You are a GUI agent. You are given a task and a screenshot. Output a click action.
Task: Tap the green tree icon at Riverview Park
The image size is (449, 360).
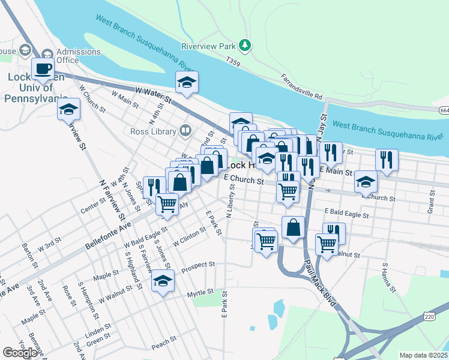tap(244, 45)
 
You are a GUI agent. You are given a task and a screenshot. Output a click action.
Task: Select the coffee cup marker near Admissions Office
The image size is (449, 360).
tap(43, 68)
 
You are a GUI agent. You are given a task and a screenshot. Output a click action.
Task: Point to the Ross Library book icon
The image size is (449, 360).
tap(185, 131)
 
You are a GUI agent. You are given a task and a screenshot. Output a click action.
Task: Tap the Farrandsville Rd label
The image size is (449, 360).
tap(303, 87)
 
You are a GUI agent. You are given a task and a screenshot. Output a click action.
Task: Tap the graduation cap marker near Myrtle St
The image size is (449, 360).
tap(162, 281)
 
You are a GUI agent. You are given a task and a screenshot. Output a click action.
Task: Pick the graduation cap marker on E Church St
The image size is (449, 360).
tap(366, 182)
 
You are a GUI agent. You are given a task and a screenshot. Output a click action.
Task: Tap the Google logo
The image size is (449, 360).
tap(20, 353)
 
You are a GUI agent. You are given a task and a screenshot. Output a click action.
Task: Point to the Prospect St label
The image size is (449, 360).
tap(198, 265)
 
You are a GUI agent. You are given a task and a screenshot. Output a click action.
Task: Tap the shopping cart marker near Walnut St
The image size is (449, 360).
tap(326, 244)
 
